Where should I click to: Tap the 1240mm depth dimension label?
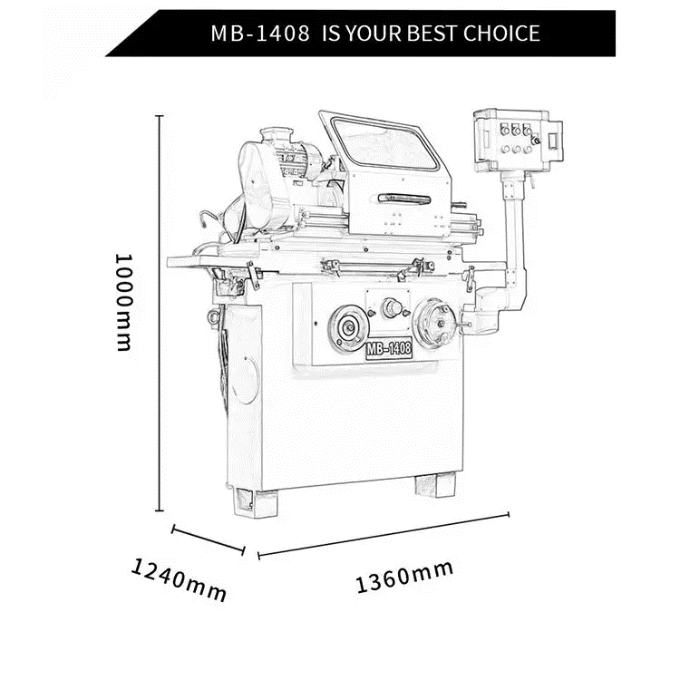click(179, 580)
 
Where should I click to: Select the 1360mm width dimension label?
click(404, 576)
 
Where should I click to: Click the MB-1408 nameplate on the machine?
click(389, 349)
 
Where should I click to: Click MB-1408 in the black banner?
click(260, 34)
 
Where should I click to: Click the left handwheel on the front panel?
click(348, 328)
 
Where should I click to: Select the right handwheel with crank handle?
click(435, 323)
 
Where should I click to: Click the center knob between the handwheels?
click(393, 308)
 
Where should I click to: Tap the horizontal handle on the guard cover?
click(404, 199)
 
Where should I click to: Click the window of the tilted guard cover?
click(384, 144)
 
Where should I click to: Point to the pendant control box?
click(518, 140)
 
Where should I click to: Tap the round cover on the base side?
click(245, 380)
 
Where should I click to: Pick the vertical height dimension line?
click(160, 313)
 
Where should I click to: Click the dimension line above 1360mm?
click(384, 535)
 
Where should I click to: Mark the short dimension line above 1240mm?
click(209, 540)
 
